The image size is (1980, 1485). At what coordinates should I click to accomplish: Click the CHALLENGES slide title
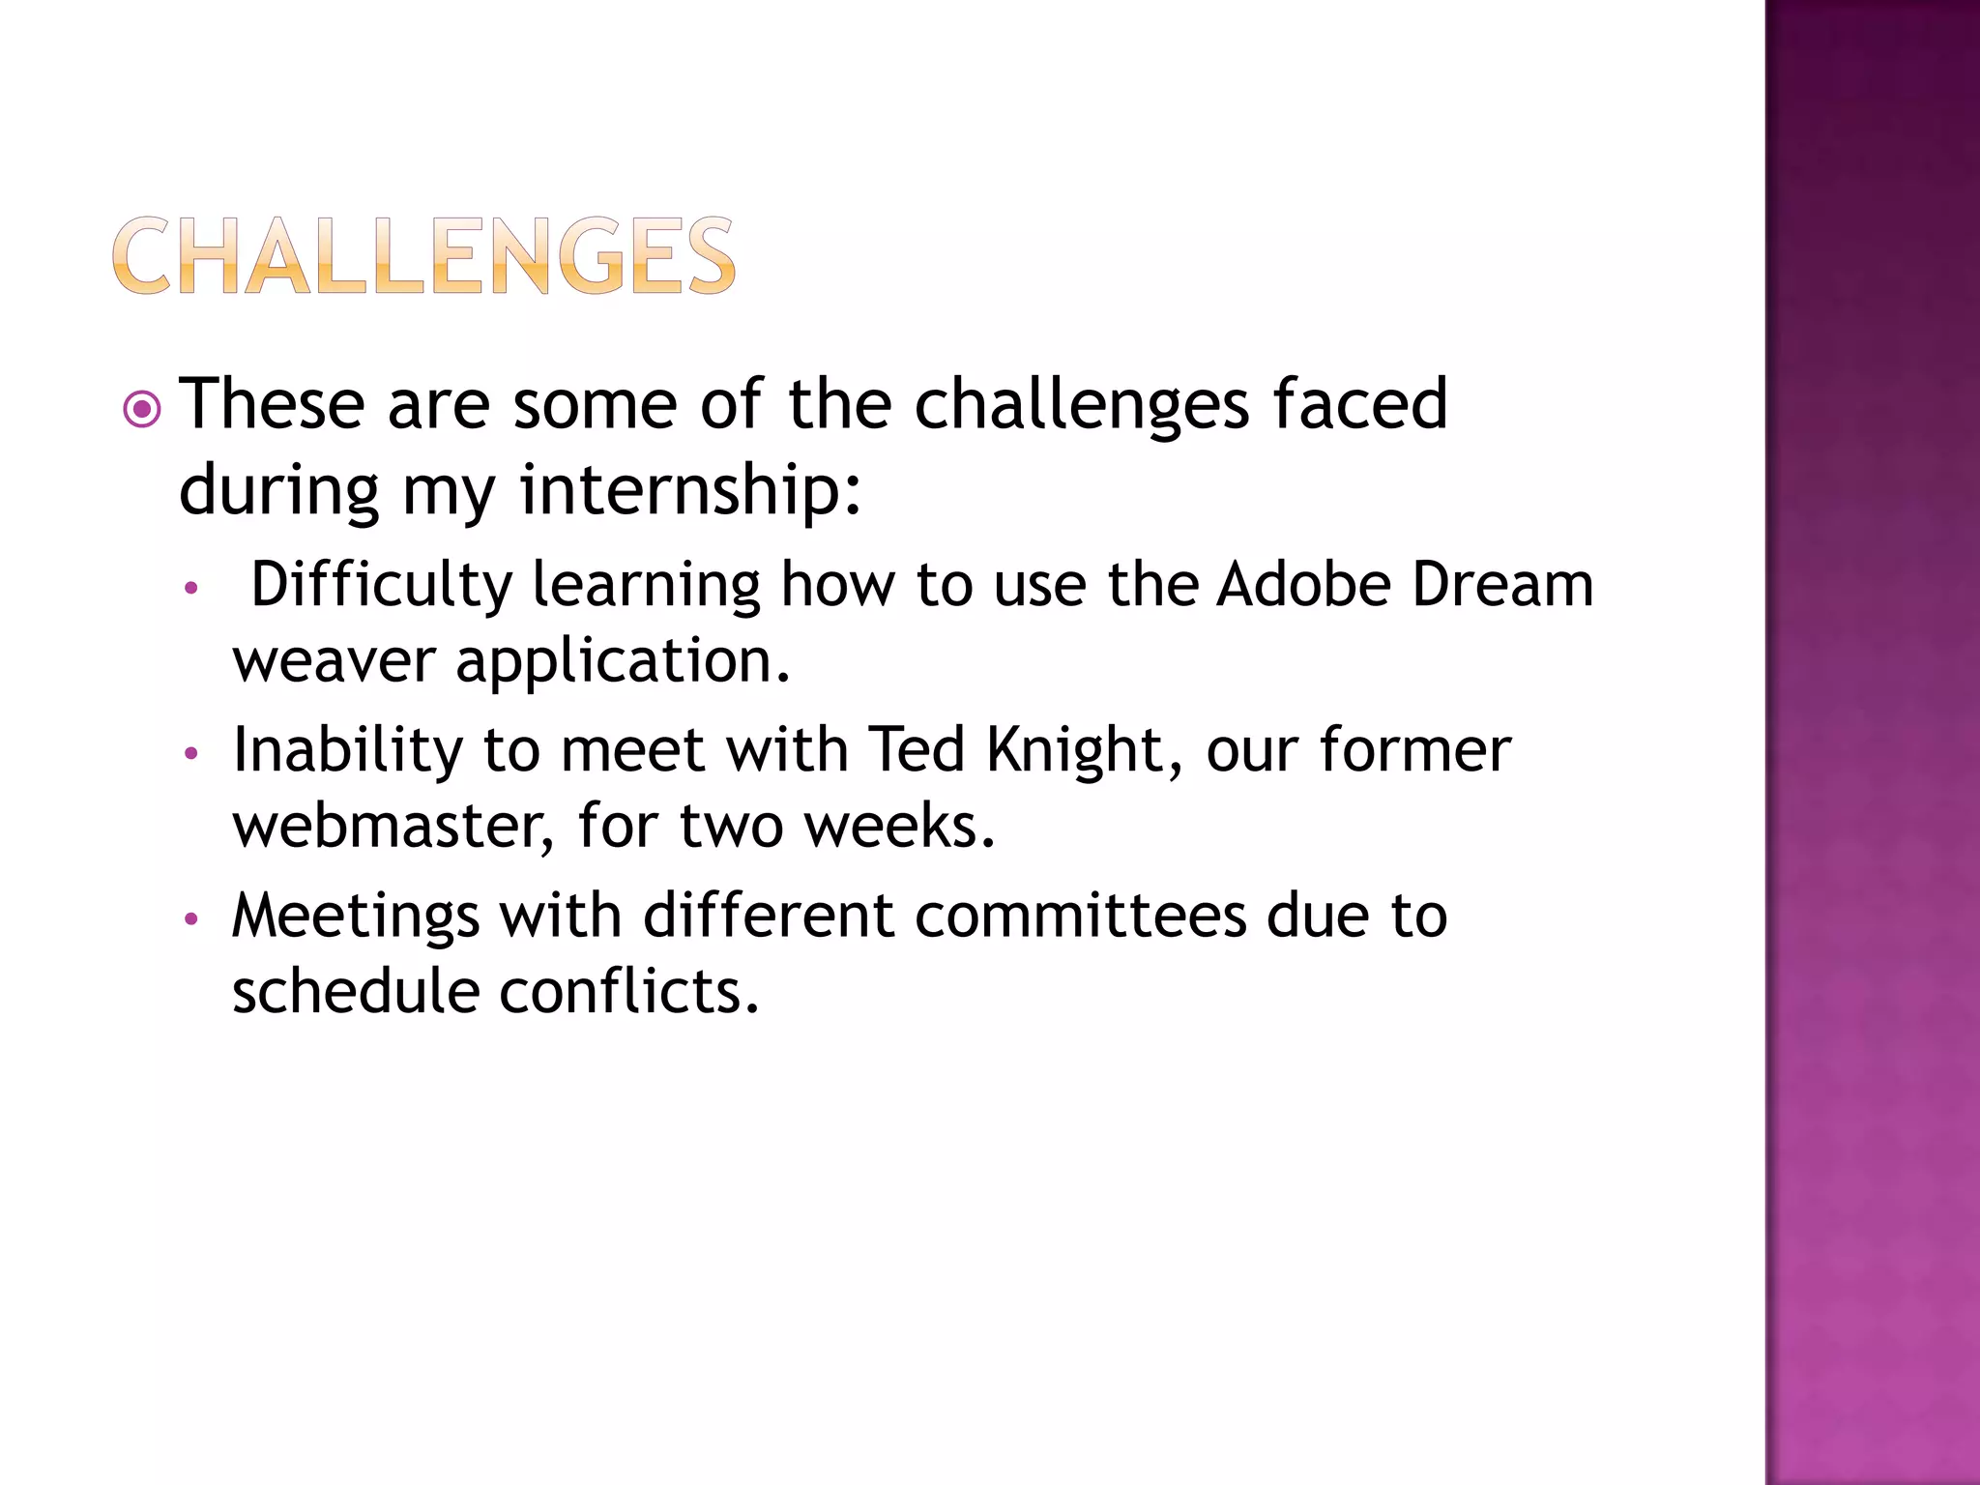[x=423, y=255]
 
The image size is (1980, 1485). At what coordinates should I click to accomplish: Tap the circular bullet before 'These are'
[x=142, y=409]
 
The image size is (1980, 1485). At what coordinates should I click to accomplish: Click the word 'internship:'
[x=690, y=489]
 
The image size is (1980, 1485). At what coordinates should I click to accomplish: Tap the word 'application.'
[x=624, y=663]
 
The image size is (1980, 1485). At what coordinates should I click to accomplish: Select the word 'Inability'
[x=347, y=750]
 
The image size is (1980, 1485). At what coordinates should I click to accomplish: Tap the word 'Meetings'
[x=355, y=916]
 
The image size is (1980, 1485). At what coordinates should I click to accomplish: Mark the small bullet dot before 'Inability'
[x=191, y=753]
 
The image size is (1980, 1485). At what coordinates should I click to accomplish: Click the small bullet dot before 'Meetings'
[x=191, y=918]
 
